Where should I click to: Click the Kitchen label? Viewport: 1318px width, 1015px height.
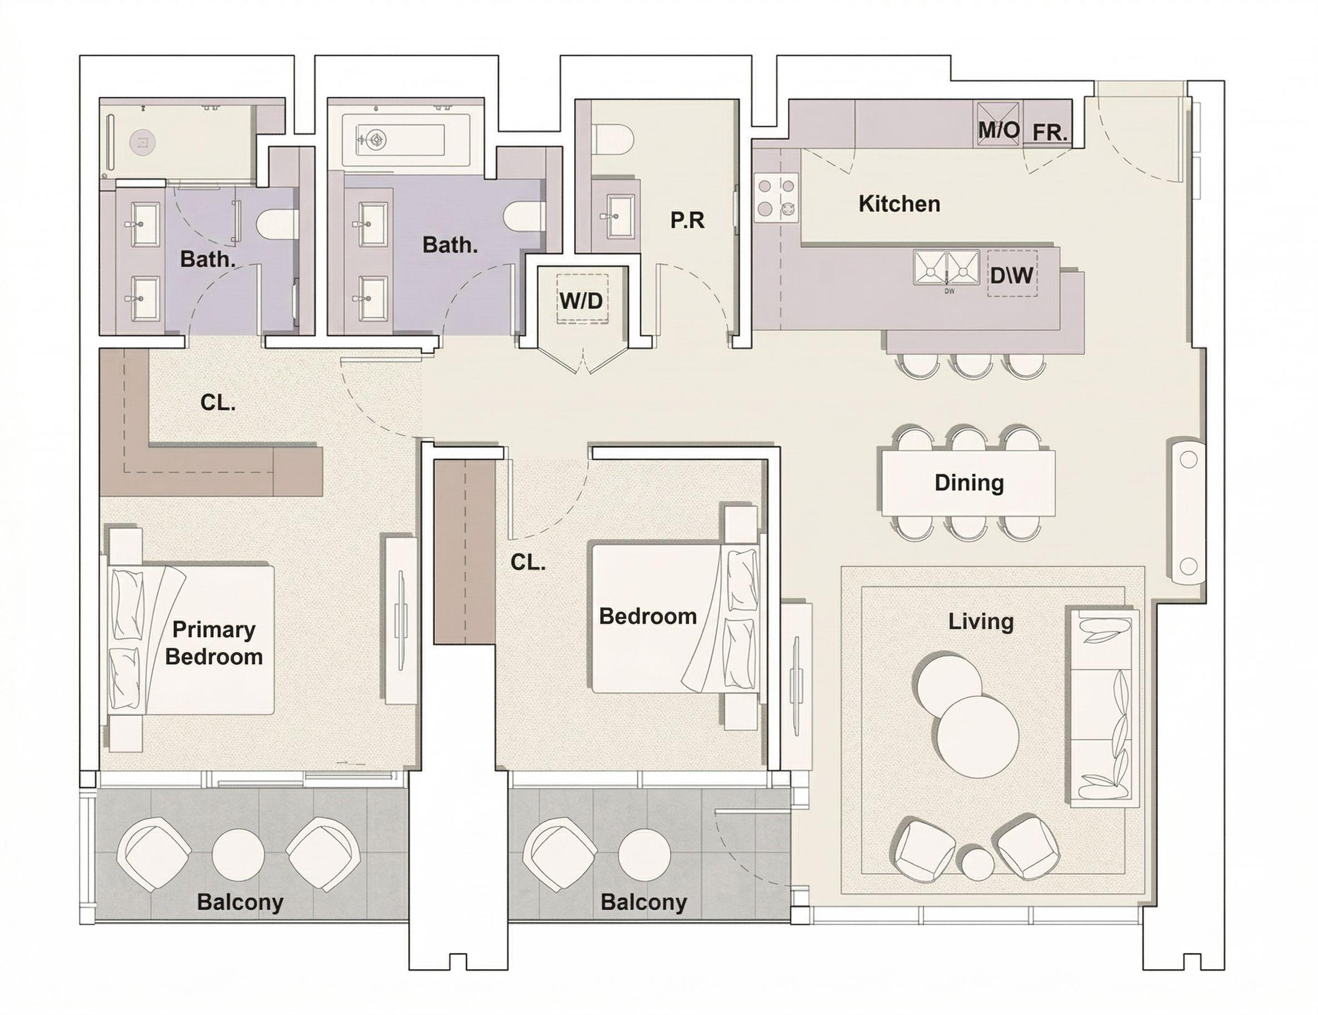[x=899, y=204]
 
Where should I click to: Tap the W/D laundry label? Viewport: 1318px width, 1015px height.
[x=581, y=300]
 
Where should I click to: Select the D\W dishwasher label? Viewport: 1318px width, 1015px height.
[x=1012, y=276]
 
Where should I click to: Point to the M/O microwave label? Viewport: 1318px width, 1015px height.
[x=999, y=130]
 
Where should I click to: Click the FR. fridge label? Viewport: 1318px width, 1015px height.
[x=1050, y=133]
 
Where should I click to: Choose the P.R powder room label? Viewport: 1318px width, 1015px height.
[x=687, y=221]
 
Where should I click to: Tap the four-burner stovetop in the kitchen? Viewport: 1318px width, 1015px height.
[x=776, y=198]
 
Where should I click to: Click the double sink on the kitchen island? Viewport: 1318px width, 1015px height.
[x=946, y=267]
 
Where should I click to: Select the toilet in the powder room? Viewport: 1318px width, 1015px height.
[x=613, y=138]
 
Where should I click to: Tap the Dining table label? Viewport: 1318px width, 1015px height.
[x=968, y=483]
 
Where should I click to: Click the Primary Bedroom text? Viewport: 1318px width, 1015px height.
[x=214, y=643]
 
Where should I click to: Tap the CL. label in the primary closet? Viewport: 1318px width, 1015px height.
[x=218, y=402]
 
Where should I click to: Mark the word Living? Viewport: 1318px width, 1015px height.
[x=981, y=622]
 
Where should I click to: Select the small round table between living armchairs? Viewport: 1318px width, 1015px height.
[x=977, y=865]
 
